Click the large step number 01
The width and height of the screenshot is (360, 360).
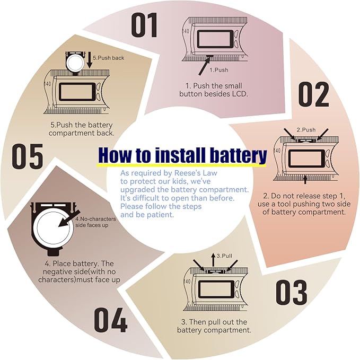click(x=144, y=25)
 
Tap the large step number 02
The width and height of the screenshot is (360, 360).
click(x=314, y=94)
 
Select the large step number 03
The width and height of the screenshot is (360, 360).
click(x=292, y=292)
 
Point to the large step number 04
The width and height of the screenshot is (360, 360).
click(x=110, y=320)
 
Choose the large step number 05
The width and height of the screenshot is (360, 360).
click(x=28, y=156)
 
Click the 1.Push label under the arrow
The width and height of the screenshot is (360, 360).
click(x=219, y=70)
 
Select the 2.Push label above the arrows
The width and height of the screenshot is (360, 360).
click(x=306, y=130)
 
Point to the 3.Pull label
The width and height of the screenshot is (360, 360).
click(x=224, y=256)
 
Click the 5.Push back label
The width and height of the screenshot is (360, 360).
click(x=108, y=58)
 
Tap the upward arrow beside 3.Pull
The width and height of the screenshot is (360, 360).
click(x=213, y=260)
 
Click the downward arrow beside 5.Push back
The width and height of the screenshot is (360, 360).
click(x=90, y=60)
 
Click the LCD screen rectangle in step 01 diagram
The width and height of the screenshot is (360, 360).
click(x=214, y=39)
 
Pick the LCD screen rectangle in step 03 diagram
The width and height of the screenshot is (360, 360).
click(x=216, y=289)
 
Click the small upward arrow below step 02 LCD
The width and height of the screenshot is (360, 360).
click(x=305, y=179)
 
